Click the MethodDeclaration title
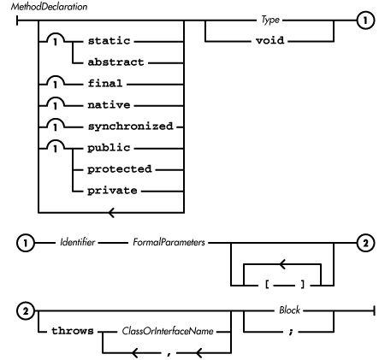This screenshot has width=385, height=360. click(38, 6)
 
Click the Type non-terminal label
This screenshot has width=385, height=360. click(275, 17)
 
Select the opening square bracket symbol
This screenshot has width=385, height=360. click(260, 282)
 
